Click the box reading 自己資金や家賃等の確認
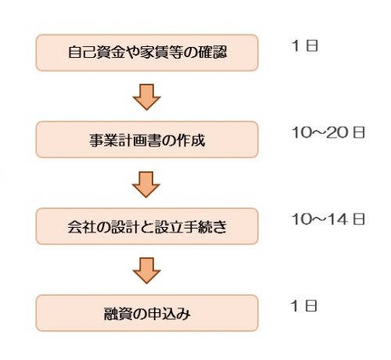click(147, 52)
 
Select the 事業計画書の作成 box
click(147, 139)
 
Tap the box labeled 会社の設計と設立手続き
click(147, 226)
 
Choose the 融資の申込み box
click(147, 313)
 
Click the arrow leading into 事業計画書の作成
click(146, 97)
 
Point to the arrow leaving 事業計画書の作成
click(146, 185)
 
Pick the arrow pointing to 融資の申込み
click(146, 271)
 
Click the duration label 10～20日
click(328, 132)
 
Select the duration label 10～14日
click(328, 219)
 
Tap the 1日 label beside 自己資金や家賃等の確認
click(305, 45)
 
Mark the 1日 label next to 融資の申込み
click(304, 306)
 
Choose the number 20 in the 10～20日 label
click(337, 132)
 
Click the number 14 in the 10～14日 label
click(337, 219)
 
